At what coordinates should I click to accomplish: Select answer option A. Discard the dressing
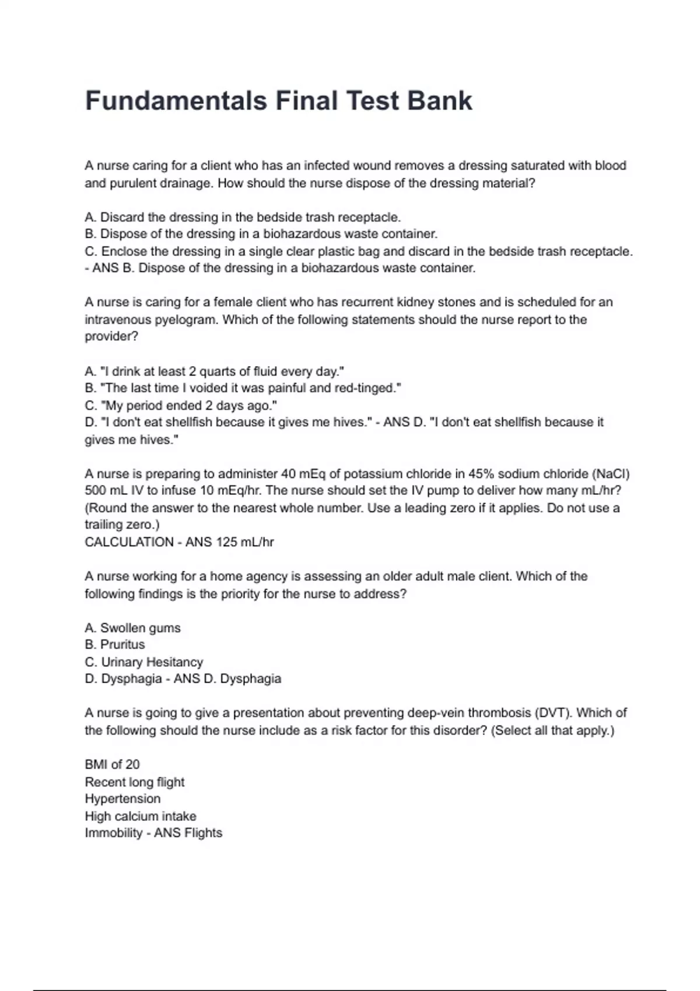pos(243,217)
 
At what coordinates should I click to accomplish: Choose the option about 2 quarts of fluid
pos(214,371)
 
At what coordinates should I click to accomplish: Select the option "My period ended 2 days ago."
pos(181,406)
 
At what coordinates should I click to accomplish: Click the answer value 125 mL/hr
pos(245,542)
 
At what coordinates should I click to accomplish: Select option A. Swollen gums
pos(132,628)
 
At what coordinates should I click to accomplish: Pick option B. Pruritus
pos(115,645)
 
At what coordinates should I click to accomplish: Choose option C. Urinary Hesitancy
pos(143,662)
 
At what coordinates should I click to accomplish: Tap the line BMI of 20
pos(112,765)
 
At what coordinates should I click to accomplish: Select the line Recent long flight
pos(135,782)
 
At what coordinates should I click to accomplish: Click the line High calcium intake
pos(141,816)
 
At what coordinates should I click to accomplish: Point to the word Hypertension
pos(123,799)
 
